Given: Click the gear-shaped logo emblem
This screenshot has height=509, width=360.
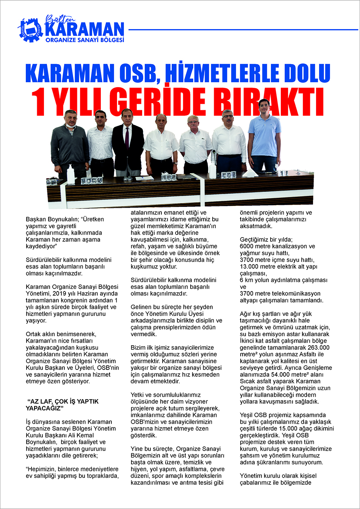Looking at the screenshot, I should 31,30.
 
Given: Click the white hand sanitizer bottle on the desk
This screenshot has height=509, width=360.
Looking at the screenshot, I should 70,175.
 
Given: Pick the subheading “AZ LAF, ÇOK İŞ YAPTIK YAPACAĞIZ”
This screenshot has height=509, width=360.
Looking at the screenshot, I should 62,405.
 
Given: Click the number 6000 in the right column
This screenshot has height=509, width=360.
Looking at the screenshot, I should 248,246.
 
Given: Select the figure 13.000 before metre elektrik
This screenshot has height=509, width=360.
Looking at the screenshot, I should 250,266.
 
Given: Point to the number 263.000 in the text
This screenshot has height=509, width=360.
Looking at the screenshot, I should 318,348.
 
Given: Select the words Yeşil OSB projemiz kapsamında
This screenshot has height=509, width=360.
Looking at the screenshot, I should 283,415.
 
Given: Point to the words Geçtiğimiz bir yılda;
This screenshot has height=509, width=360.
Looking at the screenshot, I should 266,240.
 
